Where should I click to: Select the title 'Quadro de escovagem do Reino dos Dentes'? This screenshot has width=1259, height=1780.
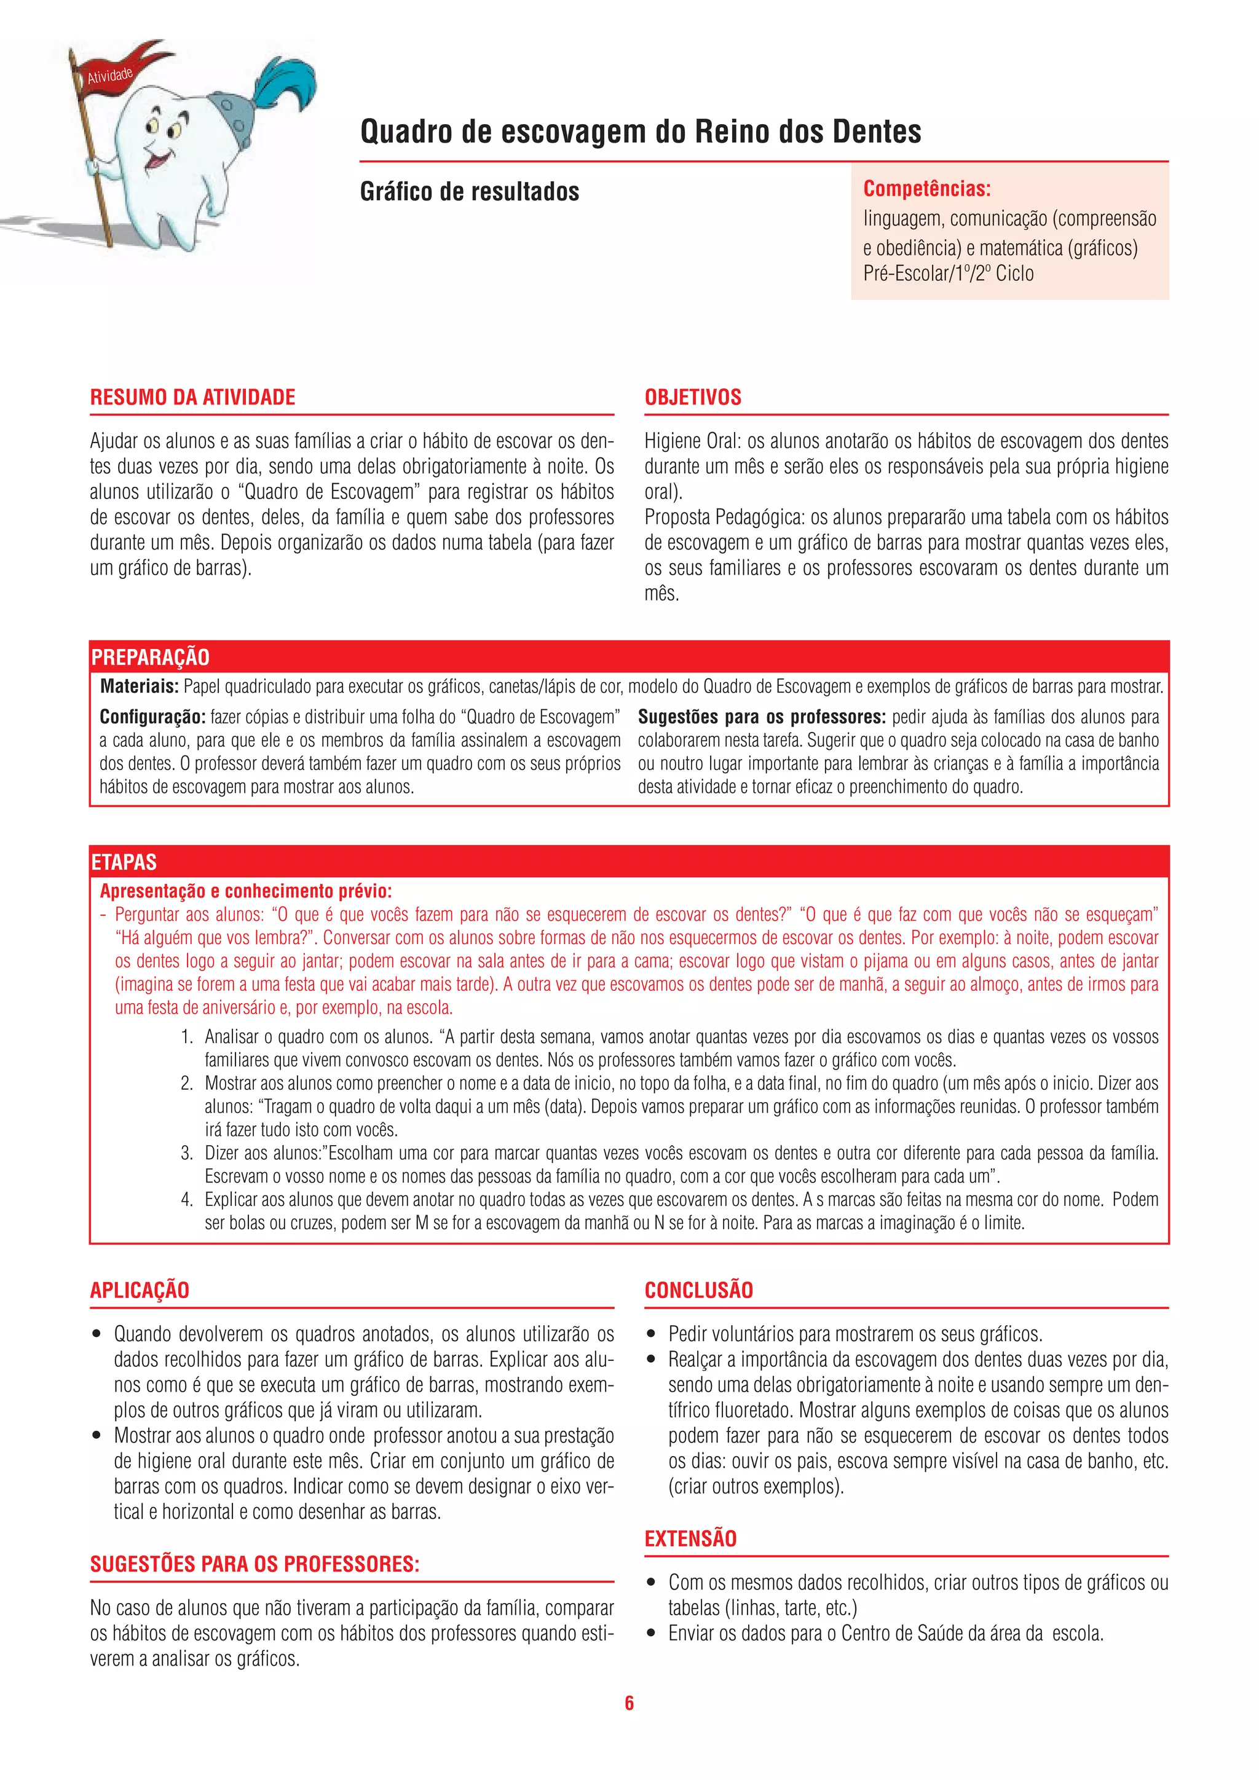[641, 132]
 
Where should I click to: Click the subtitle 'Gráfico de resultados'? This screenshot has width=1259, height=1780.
[469, 192]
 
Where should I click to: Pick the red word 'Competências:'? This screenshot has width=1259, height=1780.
[926, 189]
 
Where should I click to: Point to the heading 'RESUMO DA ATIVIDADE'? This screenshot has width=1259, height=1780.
[192, 397]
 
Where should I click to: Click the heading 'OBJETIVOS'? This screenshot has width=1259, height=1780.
[692, 397]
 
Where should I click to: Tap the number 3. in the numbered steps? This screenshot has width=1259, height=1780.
[187, 1153]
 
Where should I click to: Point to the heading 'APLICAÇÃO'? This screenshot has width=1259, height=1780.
[140, 1290]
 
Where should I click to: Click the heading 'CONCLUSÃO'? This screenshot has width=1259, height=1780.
[698, 1290]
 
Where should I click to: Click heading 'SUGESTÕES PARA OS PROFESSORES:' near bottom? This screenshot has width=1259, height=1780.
[255, 1564]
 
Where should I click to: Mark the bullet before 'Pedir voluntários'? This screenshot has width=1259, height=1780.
[652, 1334]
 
